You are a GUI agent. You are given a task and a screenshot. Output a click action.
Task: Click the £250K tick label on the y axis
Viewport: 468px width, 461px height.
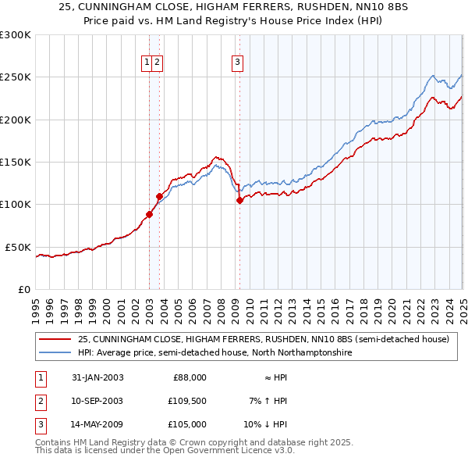[x=15, y=77]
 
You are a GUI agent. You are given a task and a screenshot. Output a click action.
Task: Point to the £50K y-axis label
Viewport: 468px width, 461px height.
[x=18, y=247]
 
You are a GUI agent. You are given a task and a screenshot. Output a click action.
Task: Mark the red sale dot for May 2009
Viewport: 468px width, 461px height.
[x=239, y=201]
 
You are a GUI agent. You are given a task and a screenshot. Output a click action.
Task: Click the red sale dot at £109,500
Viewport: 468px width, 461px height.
[x=159, y=196]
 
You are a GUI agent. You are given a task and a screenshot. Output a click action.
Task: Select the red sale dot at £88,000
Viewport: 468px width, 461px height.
[x=149, y=214]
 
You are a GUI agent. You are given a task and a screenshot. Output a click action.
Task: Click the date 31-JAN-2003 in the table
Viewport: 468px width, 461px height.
[x=97, y=377]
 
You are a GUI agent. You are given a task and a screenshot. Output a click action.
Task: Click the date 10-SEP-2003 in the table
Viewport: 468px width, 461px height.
[x=97, y=401]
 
